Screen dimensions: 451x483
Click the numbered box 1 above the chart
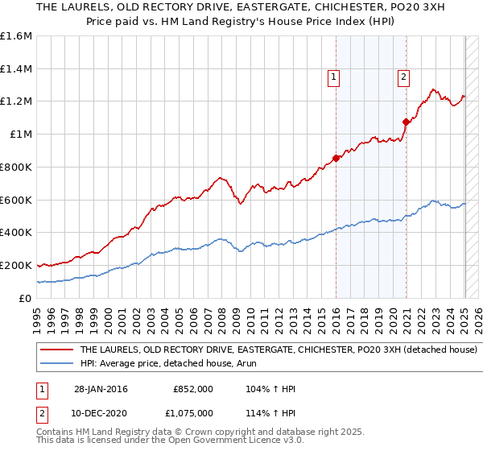(333, 77)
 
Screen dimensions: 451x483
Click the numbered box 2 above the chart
(402, 77)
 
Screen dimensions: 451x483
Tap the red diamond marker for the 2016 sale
(336, 158)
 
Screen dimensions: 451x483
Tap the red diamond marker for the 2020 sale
(406, 122)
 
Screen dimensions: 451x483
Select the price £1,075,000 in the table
(192, 412)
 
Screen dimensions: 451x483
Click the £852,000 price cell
(193, 389)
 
